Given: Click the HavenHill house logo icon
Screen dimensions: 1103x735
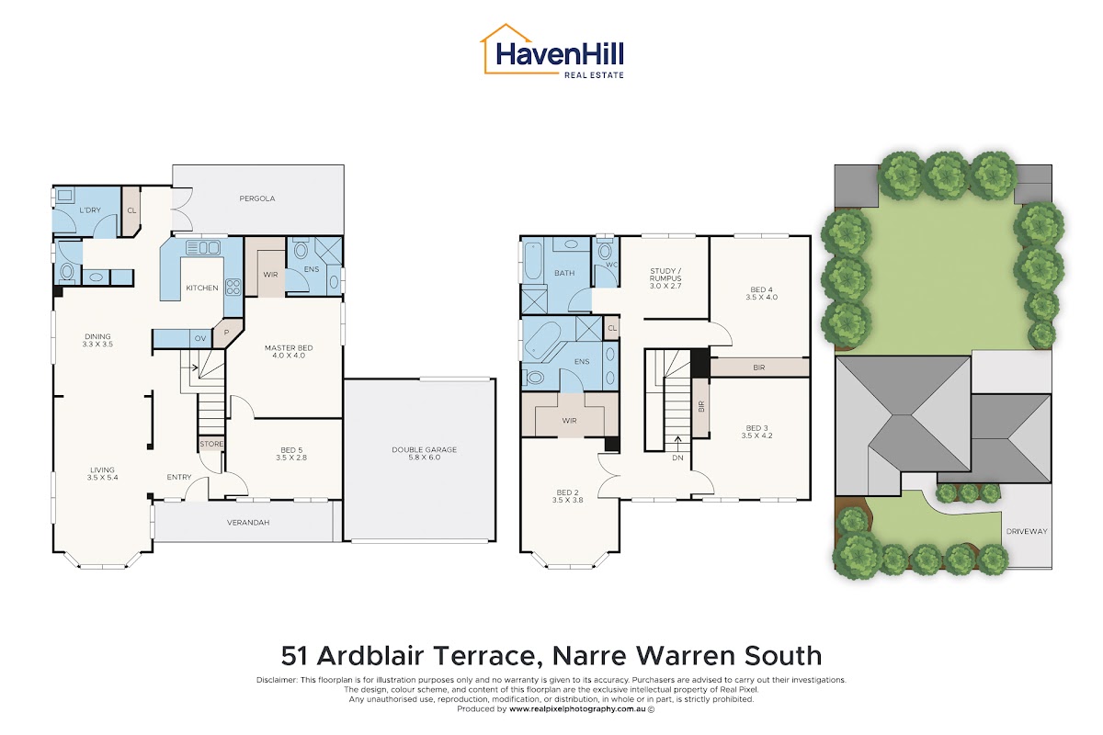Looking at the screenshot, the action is click(x=507, y=49).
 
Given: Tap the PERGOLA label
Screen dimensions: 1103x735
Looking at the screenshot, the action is click(x=257, y=198).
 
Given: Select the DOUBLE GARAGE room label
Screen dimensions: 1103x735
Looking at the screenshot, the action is click(x=424, y=449).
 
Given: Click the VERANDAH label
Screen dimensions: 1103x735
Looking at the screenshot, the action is click(x=248, y=523).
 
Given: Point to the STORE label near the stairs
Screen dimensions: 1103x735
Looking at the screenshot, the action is click(x=211, y=444).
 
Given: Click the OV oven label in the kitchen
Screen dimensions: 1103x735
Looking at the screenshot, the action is click(x=200, y=338).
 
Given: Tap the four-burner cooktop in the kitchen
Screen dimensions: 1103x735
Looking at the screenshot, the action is click(x=233, y=287).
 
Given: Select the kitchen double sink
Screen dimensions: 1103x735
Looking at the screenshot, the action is click(x=203, y=248).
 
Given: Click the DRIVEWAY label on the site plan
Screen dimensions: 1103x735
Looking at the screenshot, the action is click(x=1027, y=531).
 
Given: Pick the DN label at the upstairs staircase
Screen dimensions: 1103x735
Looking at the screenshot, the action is click(x=677, y=458).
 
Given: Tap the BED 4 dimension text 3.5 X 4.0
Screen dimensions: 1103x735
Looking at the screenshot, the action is click(x=761, y=297).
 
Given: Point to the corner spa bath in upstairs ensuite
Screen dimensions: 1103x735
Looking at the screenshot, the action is click(x=542, y=340).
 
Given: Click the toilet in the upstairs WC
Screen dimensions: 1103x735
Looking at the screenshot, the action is click(x=605, y=251).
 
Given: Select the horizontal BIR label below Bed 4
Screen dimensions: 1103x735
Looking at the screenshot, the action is click(x=759, y=367).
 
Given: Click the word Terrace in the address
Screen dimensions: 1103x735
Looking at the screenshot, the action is click(x=484, y=656).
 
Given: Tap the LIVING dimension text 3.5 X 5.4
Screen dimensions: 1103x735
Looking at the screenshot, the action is click(x=102, y=477).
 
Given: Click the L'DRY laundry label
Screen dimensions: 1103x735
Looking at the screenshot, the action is click(x=90, y=209).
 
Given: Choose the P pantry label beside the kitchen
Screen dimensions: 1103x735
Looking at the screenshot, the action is click(x=226, y=333).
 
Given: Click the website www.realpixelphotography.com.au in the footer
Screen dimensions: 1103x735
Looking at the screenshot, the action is click(x=577, y=709).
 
